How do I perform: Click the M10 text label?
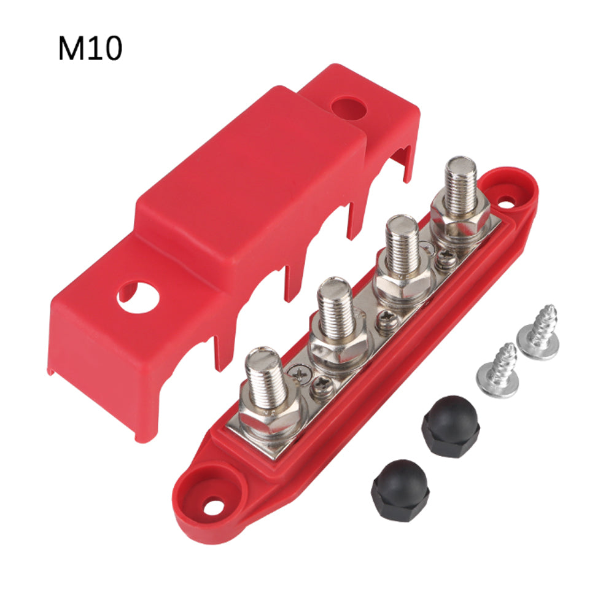pos(90,48)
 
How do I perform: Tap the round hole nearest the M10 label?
pos(348,107)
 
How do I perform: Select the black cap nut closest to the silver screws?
pos(451,427)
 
